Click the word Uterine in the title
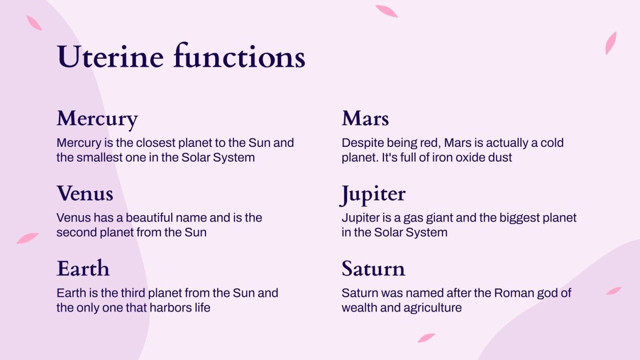pyautogui.click(x=111, y=57)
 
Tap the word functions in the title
pyautogui.click(x=239, y=57)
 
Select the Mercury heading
pyautogui.click(x=97, y=119)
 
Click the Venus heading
pyautogui.click(x=85, y=193)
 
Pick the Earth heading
pyautogui.click(x=83, y=268)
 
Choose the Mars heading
pyautogui.click(x=365, y=119)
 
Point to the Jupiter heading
pyautogui.click(x=373, y=194)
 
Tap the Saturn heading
pyautogui.click(x=373, y=268)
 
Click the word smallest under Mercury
pyautogui.click(x=100, y=157)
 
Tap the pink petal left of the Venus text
pyautogui.click(x=27, y=238)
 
